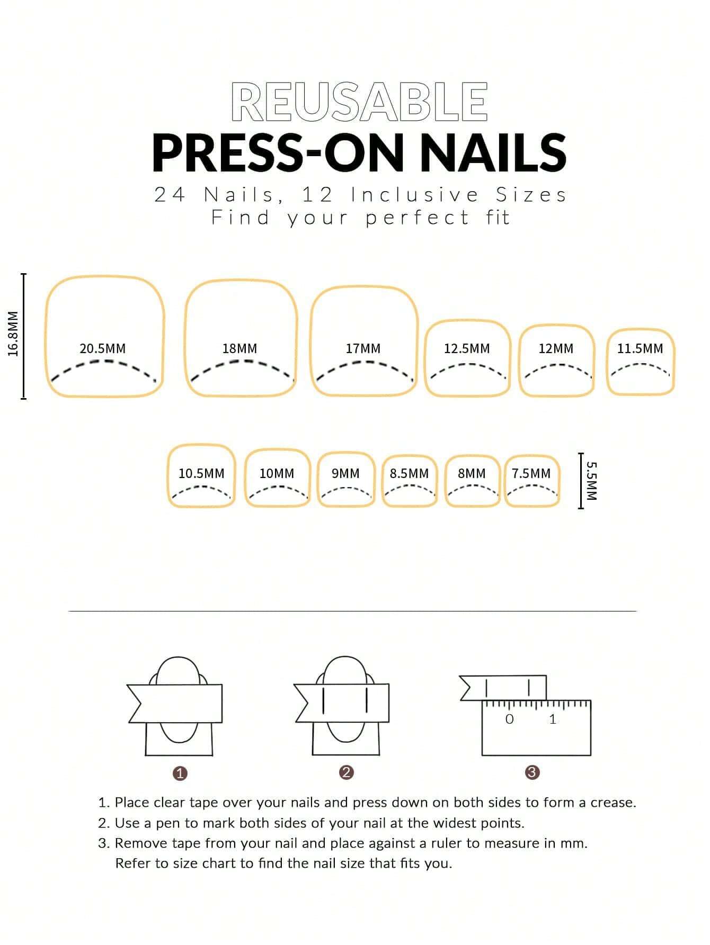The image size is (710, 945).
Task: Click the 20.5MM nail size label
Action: click(102, 349)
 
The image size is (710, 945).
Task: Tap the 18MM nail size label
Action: click(239, 349)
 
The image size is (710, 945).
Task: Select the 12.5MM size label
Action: click(466, 349)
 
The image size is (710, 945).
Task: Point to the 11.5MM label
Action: click(640, 349)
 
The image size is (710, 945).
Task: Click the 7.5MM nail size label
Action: click(531, 473)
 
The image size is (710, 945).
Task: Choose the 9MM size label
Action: click(345, 473)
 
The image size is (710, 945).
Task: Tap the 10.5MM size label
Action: click(201, 473)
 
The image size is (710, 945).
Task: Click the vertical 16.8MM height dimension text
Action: click(14, 334)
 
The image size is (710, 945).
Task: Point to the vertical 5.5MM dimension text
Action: click(592, 481)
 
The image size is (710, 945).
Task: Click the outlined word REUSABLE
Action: click(359, 102)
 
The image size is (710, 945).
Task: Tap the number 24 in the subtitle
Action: click(170, 195)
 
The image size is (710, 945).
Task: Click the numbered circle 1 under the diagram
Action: click(180, 773)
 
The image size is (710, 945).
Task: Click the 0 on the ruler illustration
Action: click(509, 719)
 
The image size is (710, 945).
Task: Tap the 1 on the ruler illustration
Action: click(553, 719)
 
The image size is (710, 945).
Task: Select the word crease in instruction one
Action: click(613, 803)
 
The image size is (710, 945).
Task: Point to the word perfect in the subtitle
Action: click(418, 218)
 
